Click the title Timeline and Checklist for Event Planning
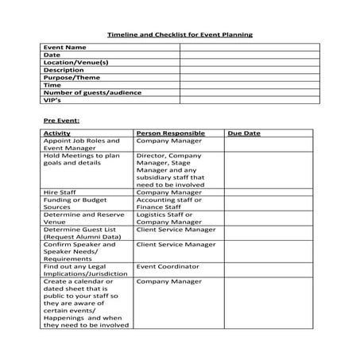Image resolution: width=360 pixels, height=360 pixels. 180,35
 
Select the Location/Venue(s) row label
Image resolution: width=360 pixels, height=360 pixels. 75,62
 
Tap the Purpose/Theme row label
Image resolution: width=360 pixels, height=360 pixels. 72,77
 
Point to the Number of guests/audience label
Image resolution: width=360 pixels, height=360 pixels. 92,92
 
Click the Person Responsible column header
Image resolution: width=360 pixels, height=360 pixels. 171,134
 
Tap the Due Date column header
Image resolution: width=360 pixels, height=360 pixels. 244,134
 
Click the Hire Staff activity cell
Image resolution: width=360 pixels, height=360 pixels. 63,192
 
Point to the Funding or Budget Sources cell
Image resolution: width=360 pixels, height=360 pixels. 75,203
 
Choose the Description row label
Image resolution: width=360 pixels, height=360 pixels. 63,70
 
